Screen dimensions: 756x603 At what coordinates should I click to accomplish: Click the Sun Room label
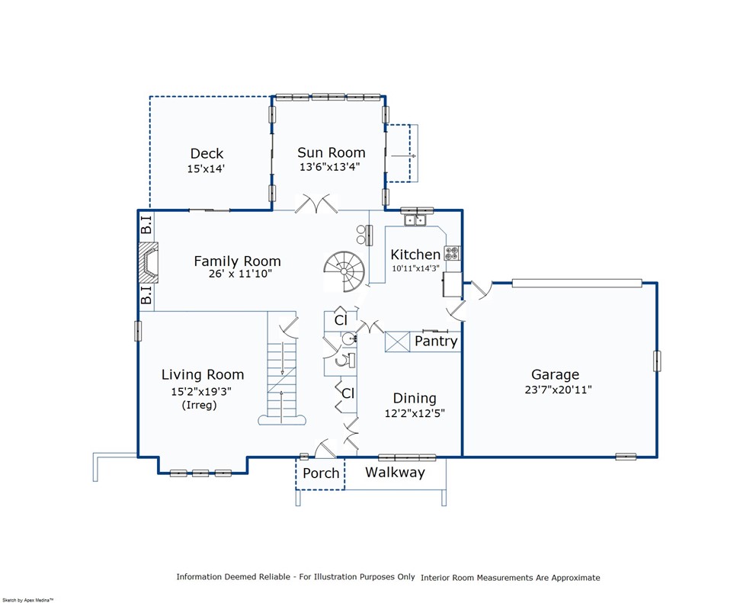point(332,152)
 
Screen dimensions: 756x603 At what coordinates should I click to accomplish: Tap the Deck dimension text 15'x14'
point(206,168)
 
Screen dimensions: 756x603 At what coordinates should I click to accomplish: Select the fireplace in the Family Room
point(149,262)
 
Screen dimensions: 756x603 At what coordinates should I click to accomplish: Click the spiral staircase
point(345,271)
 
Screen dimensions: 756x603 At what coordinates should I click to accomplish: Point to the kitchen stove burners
point(452,253)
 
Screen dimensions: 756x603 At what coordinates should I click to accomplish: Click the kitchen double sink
point(415,220)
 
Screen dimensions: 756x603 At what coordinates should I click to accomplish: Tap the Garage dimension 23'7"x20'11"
point(558,390)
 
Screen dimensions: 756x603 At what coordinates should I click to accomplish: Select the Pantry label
point(436,341)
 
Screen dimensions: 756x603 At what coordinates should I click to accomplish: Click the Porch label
point(321,473)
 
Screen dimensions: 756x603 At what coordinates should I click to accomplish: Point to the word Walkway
point(395,473)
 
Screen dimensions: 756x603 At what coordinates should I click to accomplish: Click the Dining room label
point(415,398)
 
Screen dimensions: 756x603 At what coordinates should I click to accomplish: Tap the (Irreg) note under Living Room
point(199,405)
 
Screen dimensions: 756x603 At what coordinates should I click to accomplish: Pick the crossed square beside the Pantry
point(397,342)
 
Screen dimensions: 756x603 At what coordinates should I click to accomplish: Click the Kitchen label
point(415,254)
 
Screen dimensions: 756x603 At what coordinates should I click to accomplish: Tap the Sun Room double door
point(316,204)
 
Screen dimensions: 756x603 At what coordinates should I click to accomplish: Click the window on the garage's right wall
point(657,361)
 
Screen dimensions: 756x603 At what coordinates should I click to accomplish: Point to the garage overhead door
point(577,283)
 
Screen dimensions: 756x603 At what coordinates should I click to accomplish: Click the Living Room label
point(203,374)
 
